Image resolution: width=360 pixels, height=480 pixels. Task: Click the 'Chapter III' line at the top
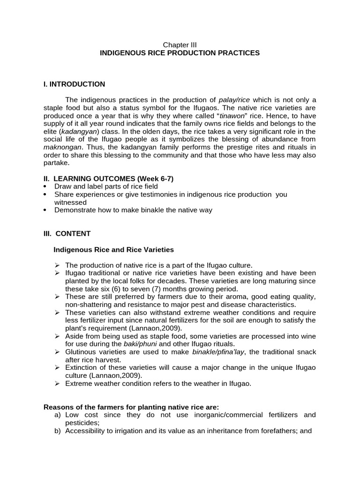coord(180,45)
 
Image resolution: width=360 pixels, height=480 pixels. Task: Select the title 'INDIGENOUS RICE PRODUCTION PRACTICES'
coord(180,53)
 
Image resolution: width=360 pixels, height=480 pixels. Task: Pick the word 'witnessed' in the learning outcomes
coord(70,202)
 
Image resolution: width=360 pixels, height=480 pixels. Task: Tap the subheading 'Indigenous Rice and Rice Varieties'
coord(114,249)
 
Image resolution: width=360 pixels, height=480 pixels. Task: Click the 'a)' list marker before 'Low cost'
coord(58,415)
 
